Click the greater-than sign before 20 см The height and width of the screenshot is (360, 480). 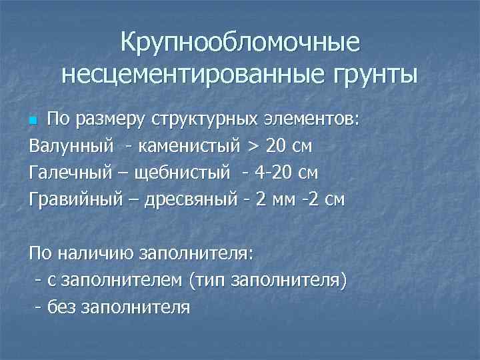tap(255, 145)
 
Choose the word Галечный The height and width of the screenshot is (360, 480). tap(62, 172)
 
